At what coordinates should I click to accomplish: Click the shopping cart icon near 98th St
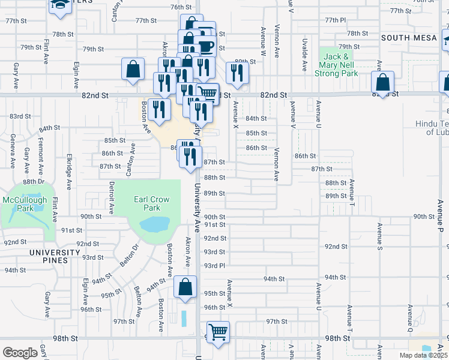click(218, 332)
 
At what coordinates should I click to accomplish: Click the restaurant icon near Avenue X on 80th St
click(237, 73)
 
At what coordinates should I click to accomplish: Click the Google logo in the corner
click(20, 352)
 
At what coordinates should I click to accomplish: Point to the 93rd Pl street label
click(214, 265)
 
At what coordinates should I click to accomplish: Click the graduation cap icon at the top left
click(59, 5)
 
